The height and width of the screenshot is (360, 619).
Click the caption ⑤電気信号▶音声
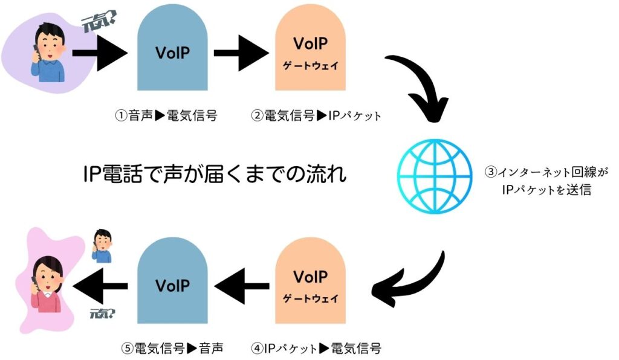(172, 349)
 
